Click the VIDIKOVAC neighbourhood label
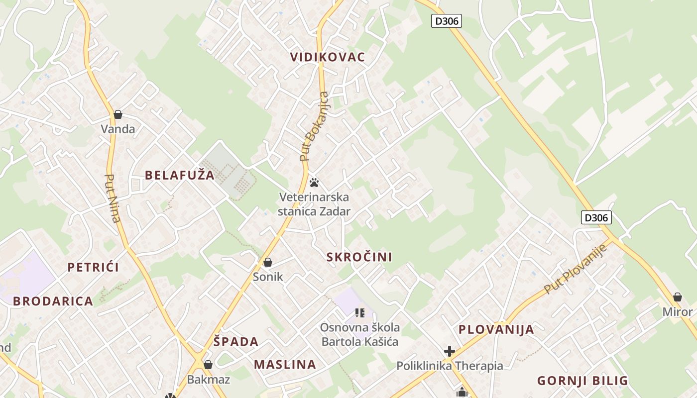(x=328, y=57)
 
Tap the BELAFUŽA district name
(x=180, y=175)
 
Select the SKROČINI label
(x=359, y=257)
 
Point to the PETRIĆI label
(x=93, y=267)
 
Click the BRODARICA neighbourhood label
(x=53, y=301)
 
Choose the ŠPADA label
(x=236, y=342)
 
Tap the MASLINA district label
(x=285, y=364)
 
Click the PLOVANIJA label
(x=496, y=329)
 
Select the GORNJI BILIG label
(x=582, y=381)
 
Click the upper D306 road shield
(x=446, y=21)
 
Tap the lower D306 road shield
(x=596, y=217)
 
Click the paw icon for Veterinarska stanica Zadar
(x=314, y=183)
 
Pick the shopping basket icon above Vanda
(x=118, y=114)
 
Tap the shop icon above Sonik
(x=268, y=262)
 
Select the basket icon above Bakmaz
(x=208, y=365)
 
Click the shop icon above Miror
(x=677, y=298)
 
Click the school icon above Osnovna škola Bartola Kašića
(x=360, y=313)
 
